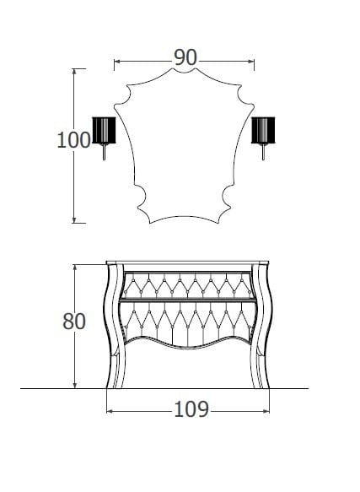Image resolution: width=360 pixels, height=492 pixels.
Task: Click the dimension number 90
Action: [185, 57]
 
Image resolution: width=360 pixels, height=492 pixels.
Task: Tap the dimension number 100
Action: [73, 140]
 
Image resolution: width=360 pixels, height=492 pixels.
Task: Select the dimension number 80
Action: [74, 322]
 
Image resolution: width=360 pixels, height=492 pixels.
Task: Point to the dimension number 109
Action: [191, 409]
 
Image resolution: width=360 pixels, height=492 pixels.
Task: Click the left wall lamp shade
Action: [103, 132]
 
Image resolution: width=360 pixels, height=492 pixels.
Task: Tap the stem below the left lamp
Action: [104, 154]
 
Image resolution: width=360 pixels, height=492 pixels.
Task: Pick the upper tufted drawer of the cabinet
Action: [186, 284]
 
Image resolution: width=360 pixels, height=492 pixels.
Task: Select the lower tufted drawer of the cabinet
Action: [186, 321]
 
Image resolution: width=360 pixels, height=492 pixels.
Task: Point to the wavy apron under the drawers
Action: [186, 346]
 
